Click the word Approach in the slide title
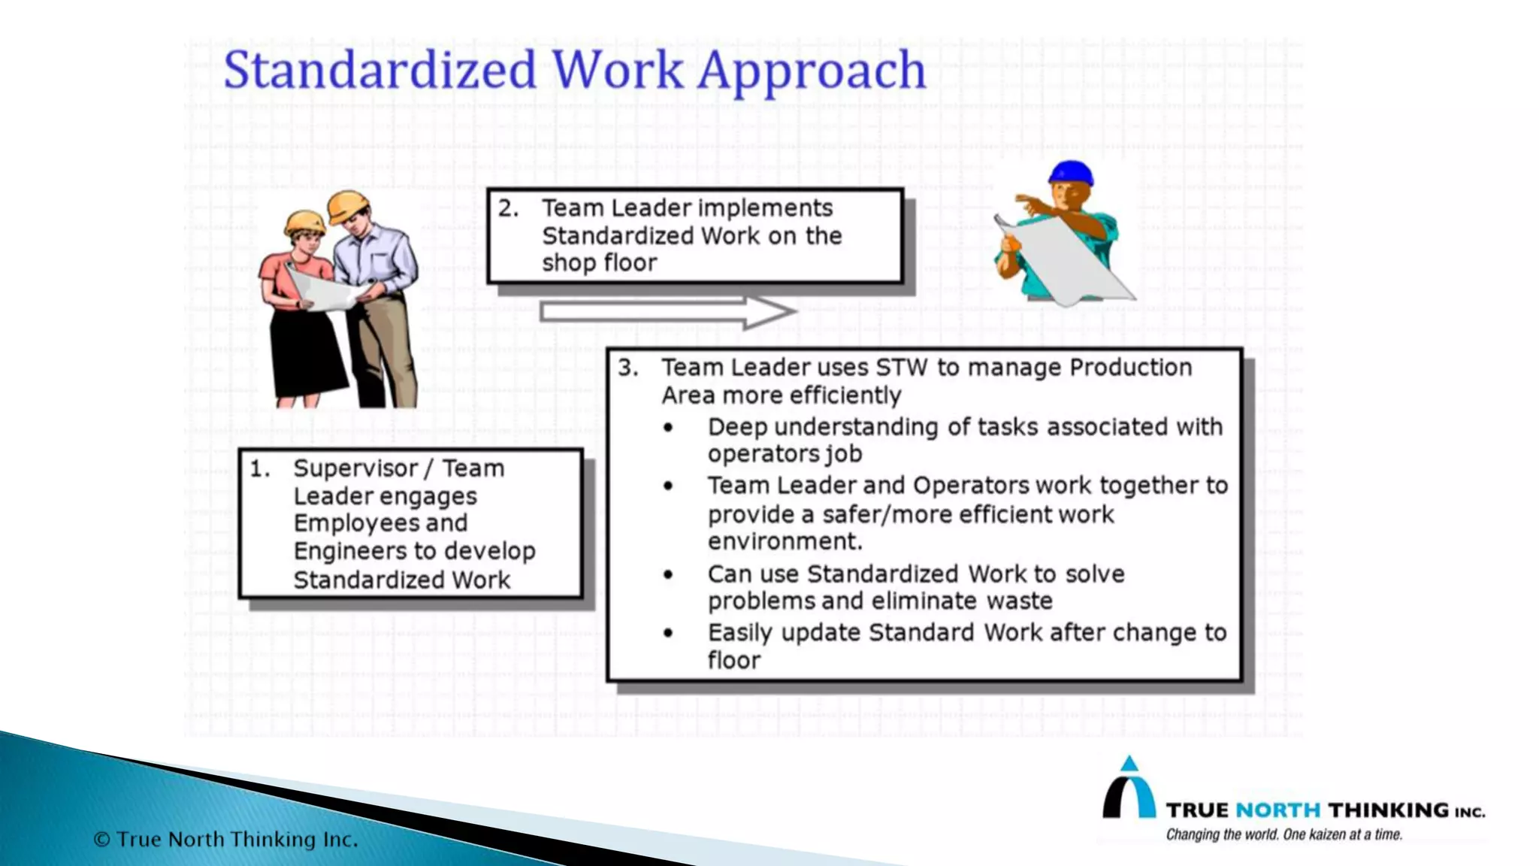[x=812, y=71]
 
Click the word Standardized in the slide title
[x=380, y=70]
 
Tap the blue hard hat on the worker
[x=1070, y=173]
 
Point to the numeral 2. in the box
[x=508, y=208]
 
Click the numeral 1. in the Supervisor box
[x=260, y=469]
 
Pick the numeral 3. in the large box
[x=628, y=368]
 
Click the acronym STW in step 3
[x=902, y=368]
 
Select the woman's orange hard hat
[x=304, y=221]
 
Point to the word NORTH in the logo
[x=1277, y=810]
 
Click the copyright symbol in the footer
[x=102, y=840]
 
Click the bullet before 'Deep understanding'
[x=668, y=428]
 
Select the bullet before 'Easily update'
[x=668, y=634]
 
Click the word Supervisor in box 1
[x=355, y=469]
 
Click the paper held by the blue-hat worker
[x=1067, y=259]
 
